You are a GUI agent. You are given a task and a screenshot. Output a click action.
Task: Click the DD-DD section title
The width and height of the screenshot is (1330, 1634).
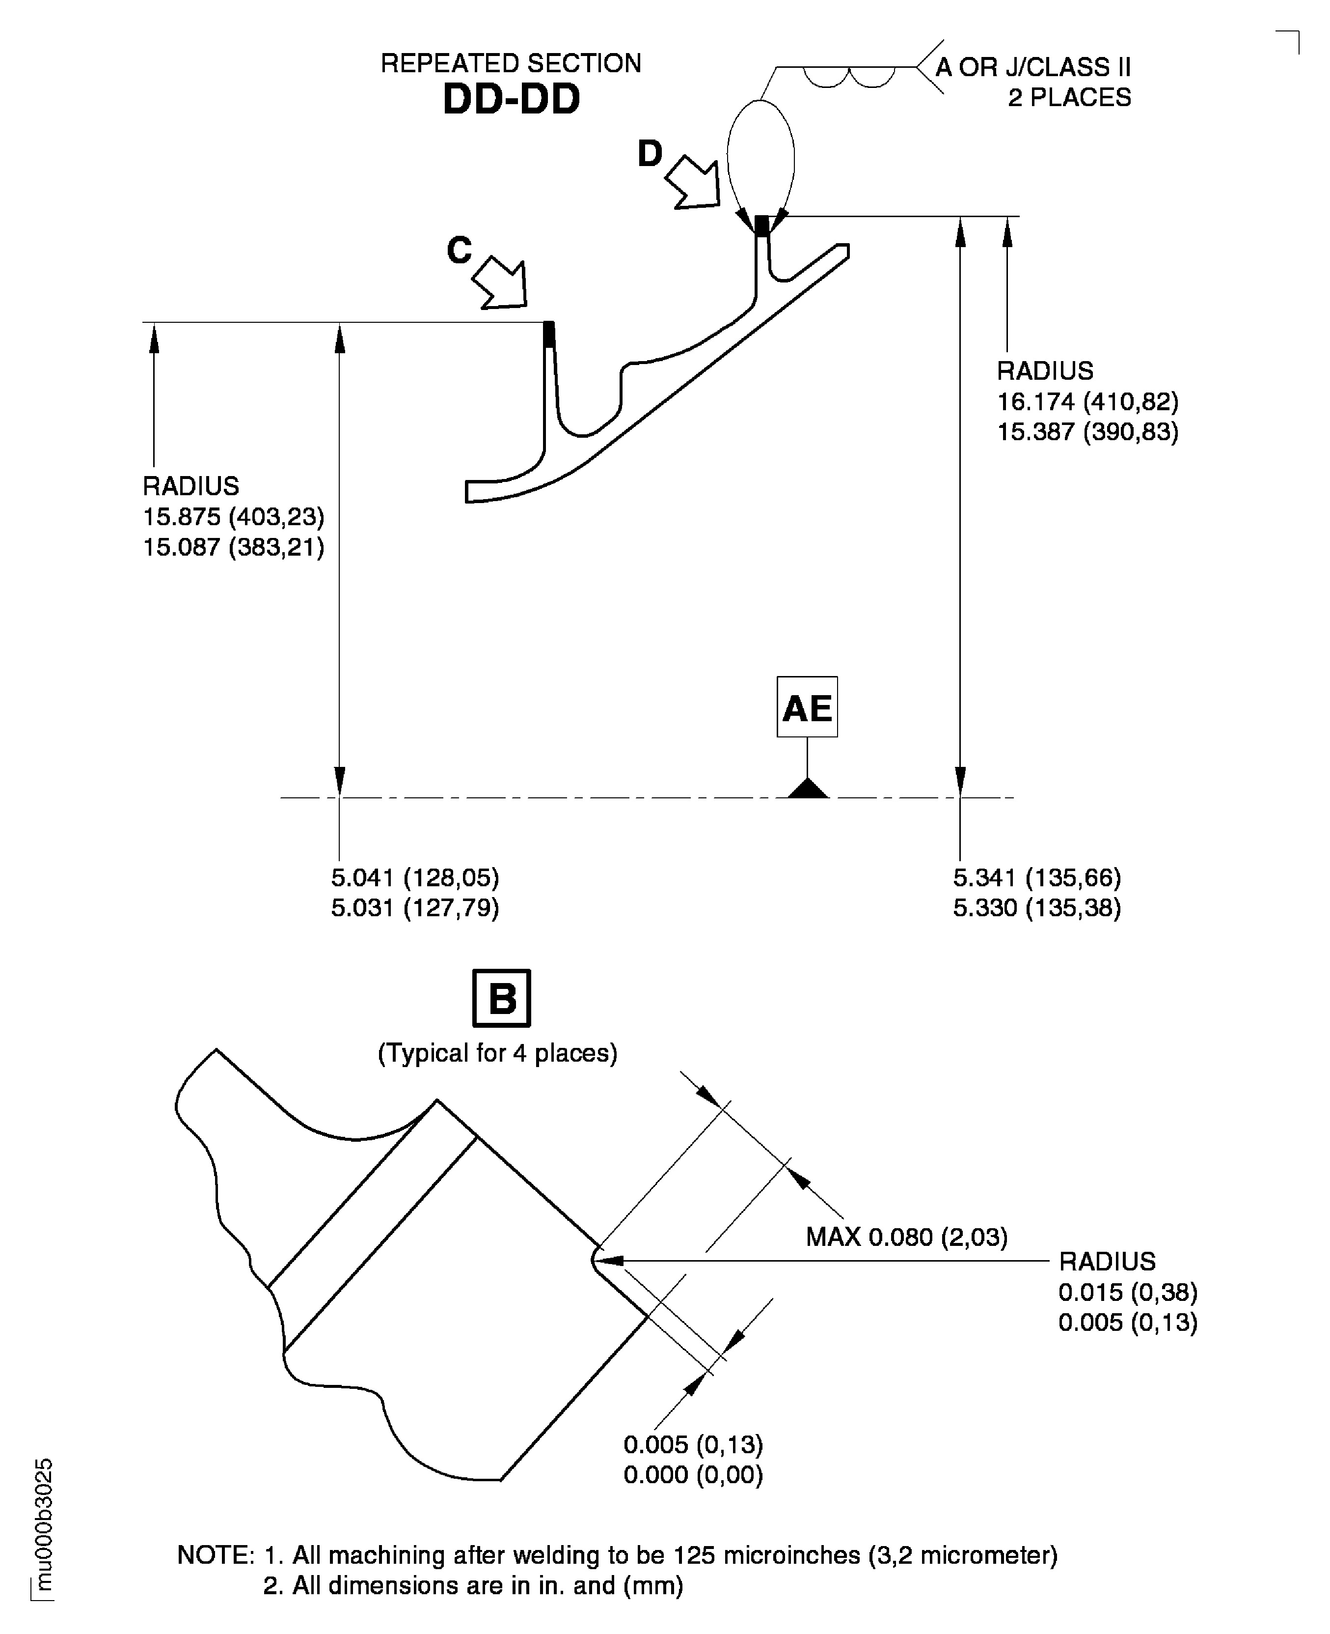(511, 100)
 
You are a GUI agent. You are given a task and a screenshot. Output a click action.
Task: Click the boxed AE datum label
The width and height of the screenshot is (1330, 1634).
(807, 707)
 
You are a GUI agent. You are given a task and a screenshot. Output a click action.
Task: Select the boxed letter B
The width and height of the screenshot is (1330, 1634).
(502, 999)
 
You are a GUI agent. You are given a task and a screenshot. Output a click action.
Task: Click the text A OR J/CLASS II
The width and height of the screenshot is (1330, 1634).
(1033, 67)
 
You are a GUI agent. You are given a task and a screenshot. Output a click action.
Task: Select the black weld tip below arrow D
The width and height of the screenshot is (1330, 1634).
(761, 226)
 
